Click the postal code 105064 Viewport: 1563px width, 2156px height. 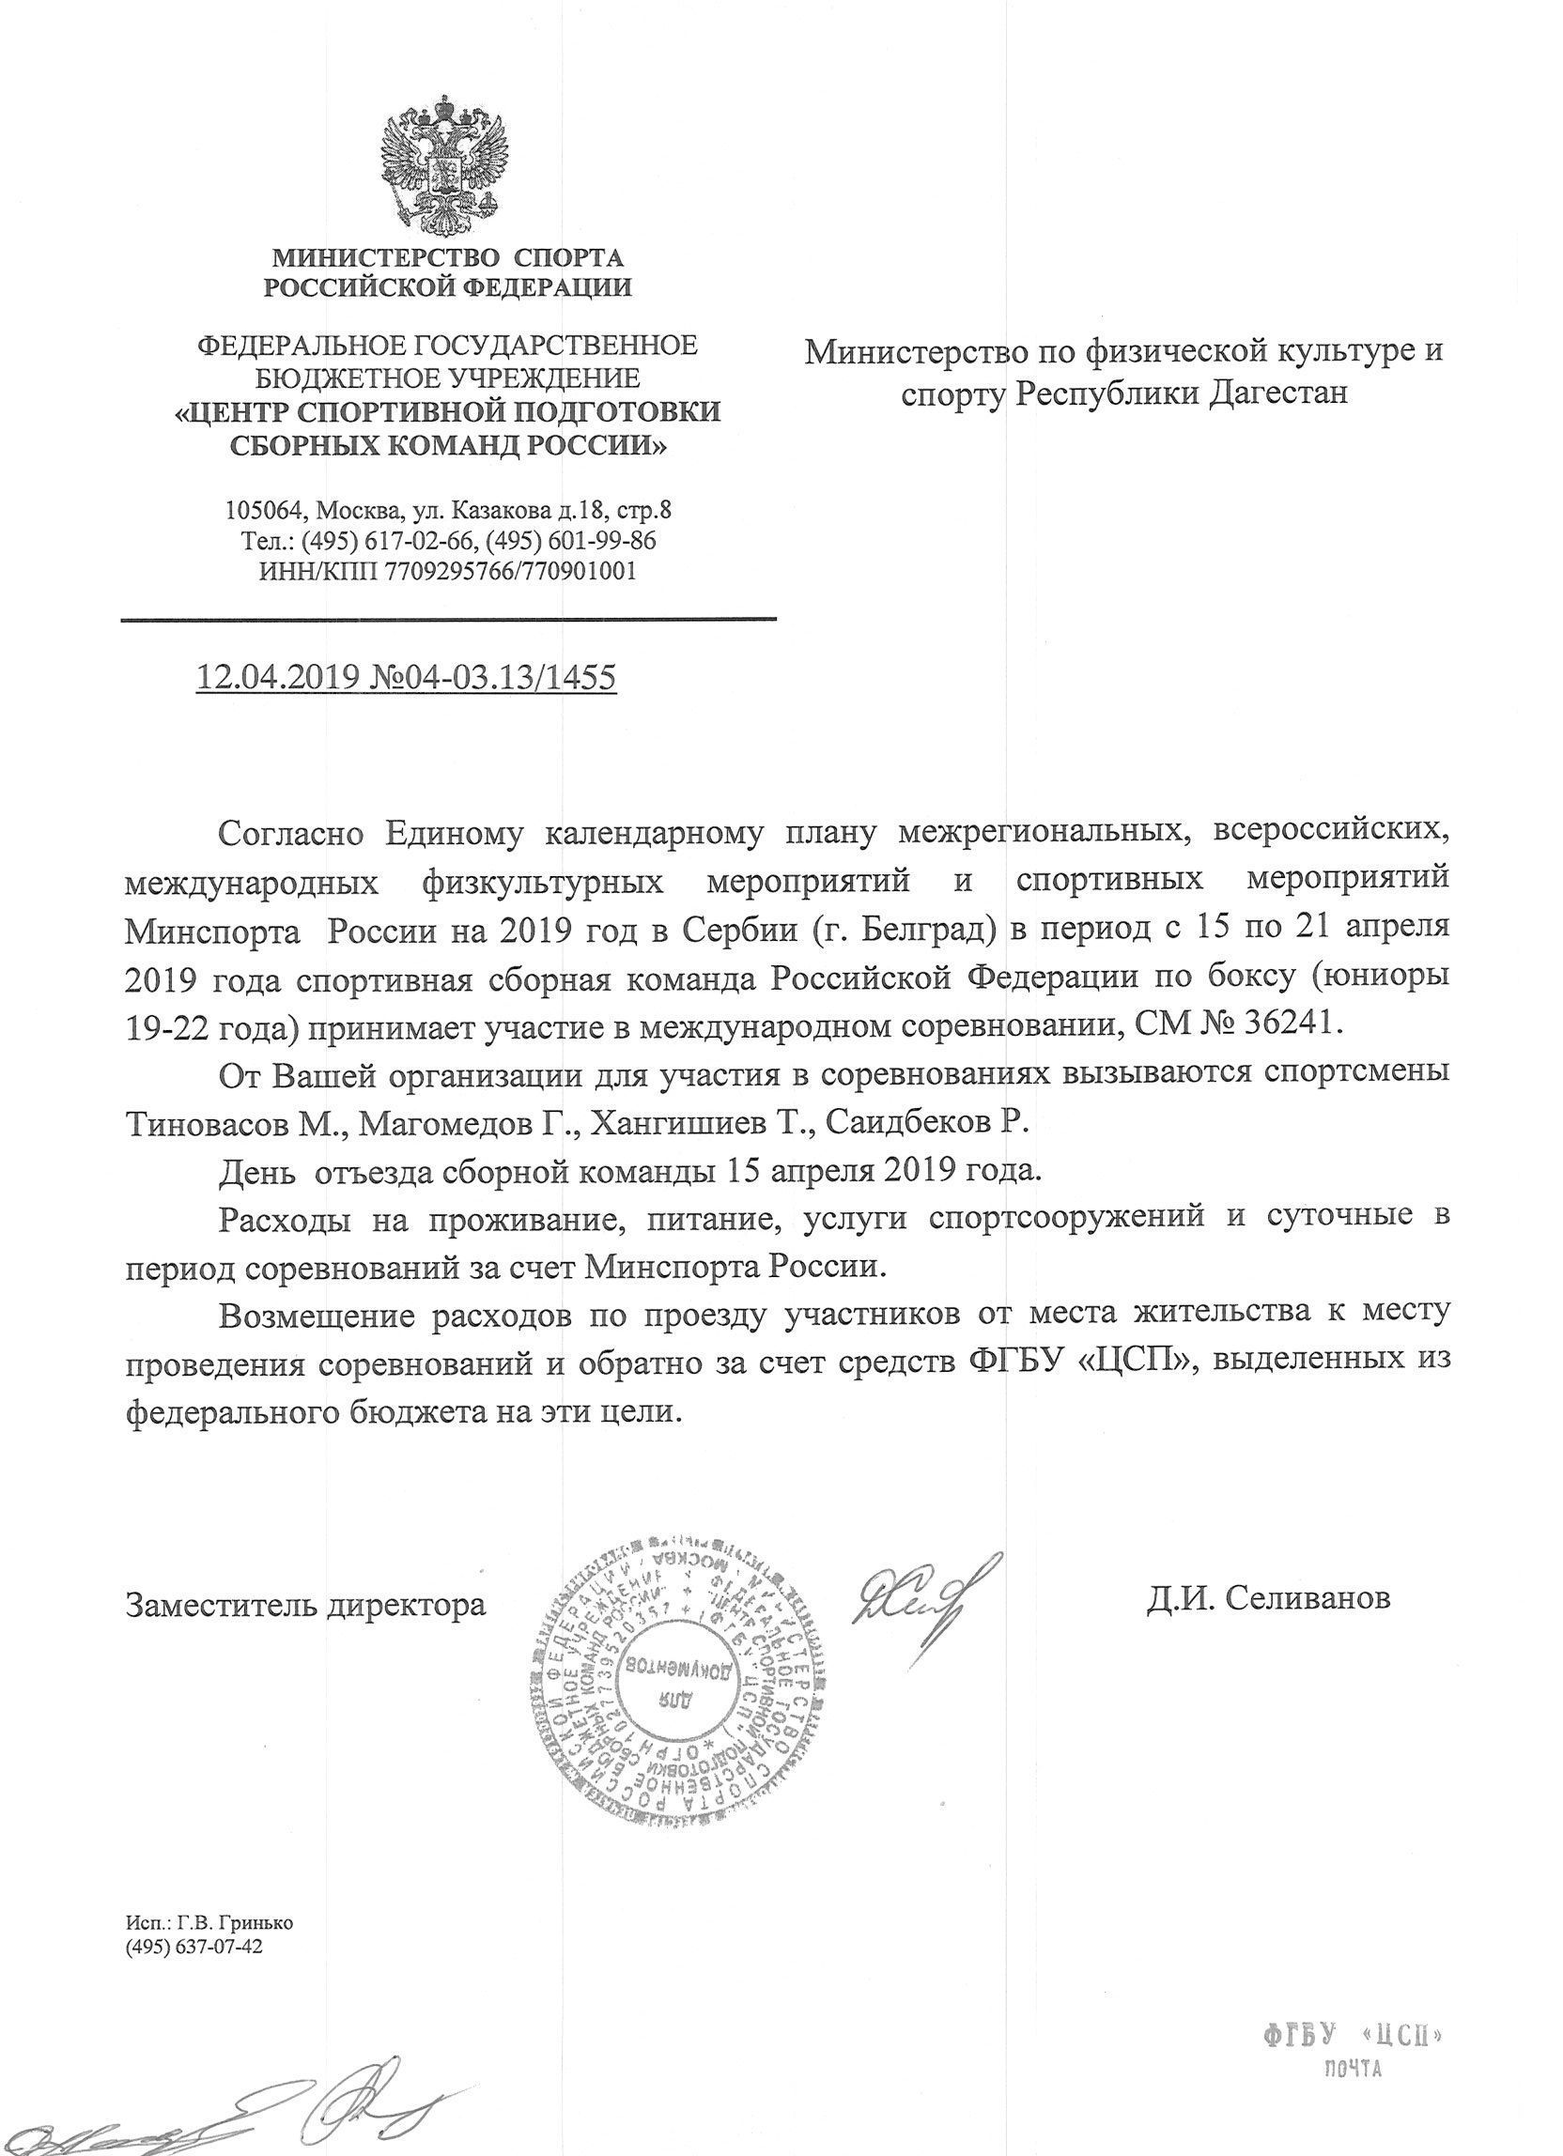[x=263, y=511]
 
